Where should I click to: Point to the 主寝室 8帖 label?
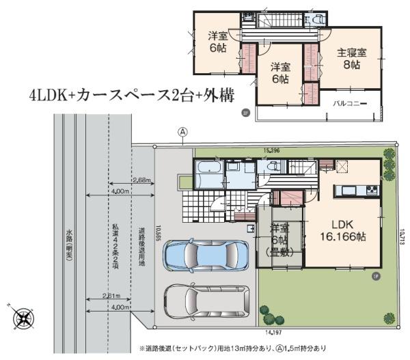coord(351,59)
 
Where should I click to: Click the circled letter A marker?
coord(182,131)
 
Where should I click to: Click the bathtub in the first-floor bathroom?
coord(208,169)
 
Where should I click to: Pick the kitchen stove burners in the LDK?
coord(371,189)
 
